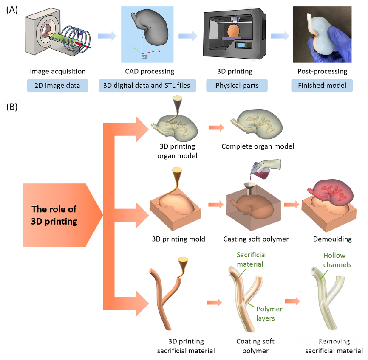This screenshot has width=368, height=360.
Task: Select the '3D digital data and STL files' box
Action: click(x=147, y=86)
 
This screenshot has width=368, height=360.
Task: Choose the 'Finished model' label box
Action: click(x=322, y=86)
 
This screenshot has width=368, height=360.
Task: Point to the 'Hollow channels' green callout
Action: click(x=337, y=260)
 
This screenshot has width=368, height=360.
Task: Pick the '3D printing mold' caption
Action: click(x=178, y=239)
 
